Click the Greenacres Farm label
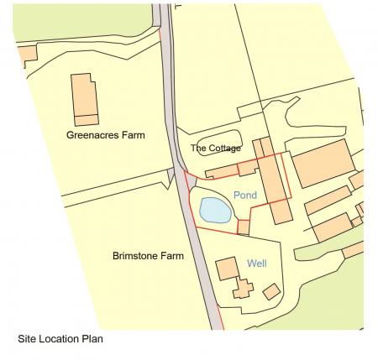pyautogui.click(x=107, y=134)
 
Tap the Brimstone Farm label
pyautogui.click(x=148, y=255)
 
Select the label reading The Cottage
pyautogui.click(x=216, y=149)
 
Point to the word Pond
pyautogui.click(x=245, y=196)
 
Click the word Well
pyautogui.click(x=257, y=263)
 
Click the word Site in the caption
pyautogui.click(x=27, y=340)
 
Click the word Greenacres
pyautogui.click(x=95, y=134)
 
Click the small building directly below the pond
pyautogui.click(x=244, y=227)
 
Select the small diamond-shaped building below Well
pyautogui.click(x=271, y=291)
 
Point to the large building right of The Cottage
pyautogui.click(x=322, y=163)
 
